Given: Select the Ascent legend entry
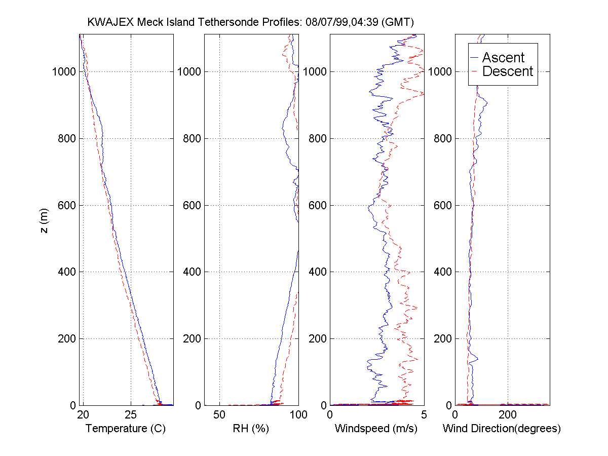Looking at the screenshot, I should coord(503,57).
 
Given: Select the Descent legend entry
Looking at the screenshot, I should coord(507,71).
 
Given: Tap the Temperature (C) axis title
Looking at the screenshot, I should coord(126,429).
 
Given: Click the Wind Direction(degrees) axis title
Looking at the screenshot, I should coord(502,429).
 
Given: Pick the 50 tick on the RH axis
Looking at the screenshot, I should coord(219,415).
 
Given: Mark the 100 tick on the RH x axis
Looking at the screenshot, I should coord(297,415).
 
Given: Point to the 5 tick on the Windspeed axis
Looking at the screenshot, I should coord(424,415).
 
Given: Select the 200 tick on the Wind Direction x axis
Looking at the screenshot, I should coord(508,415).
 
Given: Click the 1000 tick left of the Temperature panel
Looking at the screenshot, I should coord(64,71).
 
